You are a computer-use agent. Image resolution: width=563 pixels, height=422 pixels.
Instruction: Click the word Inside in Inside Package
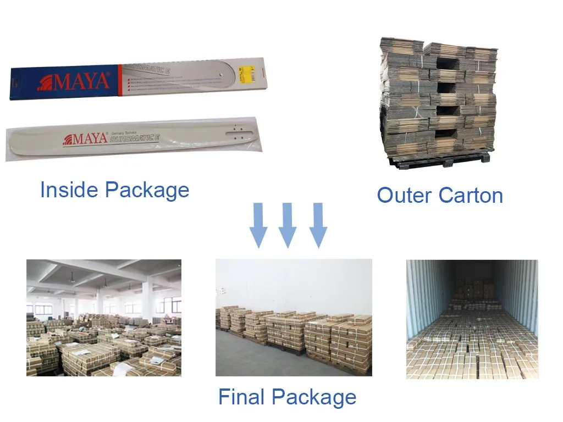pos(69,190)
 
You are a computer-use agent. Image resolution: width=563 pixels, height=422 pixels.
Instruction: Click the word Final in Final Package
pos(242,397)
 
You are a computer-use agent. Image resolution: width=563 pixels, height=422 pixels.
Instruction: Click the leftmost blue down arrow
pos(258,225)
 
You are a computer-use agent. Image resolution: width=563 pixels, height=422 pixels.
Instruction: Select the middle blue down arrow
pos(287,225)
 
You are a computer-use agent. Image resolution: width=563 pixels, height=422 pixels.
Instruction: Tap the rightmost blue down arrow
pos(317,225)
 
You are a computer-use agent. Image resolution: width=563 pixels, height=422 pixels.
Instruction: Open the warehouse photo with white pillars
pos(104,318)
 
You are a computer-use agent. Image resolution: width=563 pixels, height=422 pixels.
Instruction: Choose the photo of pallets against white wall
pos(294,318)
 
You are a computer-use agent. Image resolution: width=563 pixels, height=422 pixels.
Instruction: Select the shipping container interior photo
pos(472,319)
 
